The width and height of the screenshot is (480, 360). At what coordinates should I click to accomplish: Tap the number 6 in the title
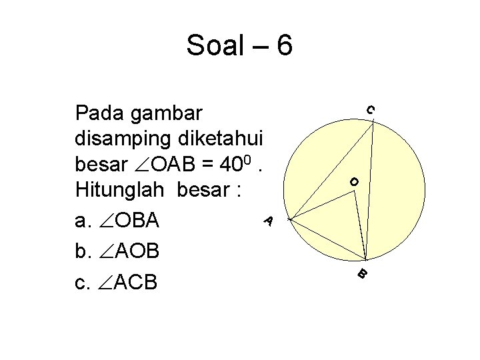point(283,45)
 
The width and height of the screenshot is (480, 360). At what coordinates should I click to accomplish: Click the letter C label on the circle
point(370,109)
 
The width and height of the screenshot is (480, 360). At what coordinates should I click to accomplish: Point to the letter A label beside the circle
point(267,219)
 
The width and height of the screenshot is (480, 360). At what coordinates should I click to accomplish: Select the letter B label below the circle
point(361,273)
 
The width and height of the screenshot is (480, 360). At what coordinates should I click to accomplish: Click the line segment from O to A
point(321,205)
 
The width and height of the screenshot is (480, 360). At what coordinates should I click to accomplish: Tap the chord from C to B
point(369,190)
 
